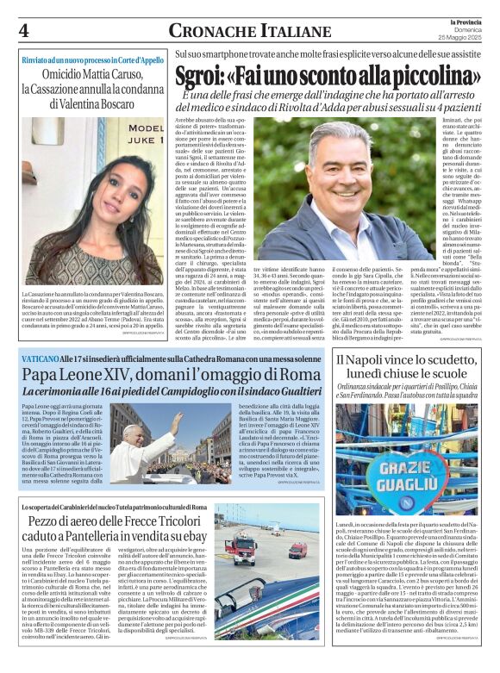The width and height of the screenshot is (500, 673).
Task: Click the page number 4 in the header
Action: [24, 30]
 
